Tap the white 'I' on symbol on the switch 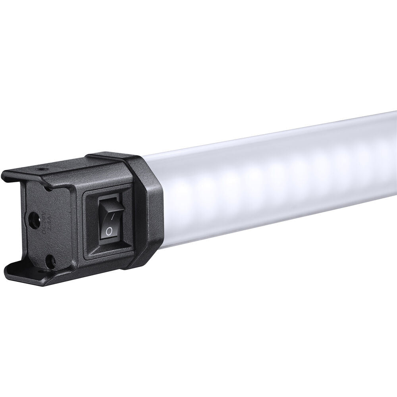pos(113,216)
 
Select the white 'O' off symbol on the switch pos(109,230)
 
